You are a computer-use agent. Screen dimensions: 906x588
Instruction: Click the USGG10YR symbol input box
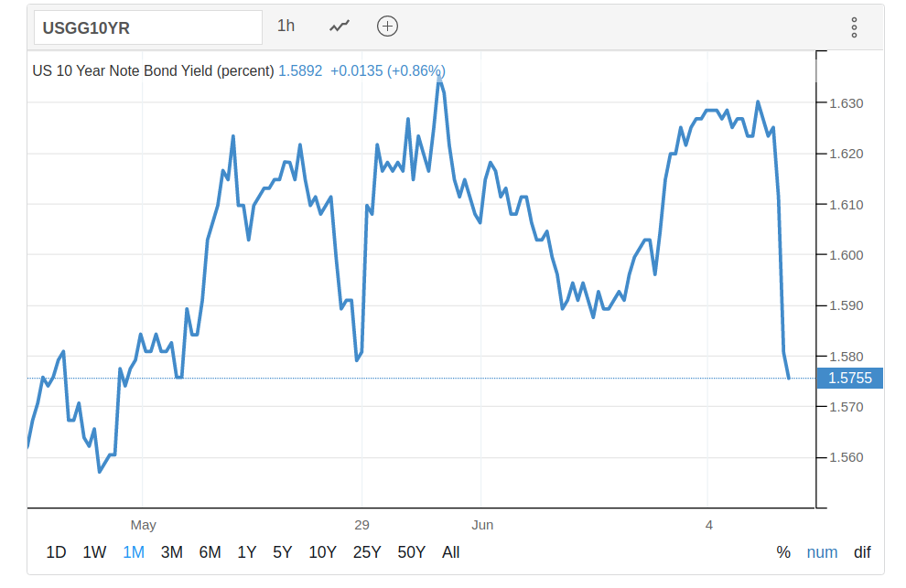pyautogui.click(x=148, y=27)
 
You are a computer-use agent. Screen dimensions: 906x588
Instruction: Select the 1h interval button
pyautogui.click(x=286, y=26)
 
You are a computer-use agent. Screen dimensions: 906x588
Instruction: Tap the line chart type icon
pyautogui.click(x=340, y=27)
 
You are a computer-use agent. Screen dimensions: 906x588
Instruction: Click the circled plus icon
pyautogui.click(x=387, y=27)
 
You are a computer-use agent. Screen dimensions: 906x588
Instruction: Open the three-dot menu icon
pyautogui.click(x=854, y=27)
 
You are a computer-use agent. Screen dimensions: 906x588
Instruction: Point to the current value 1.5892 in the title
pyautogui.click(x=300, y=71)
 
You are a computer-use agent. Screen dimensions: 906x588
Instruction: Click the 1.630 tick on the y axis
pyautogui.click(x=846, y=103)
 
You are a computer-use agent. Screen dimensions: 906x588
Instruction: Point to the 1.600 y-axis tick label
pyautogui.click(x=846, y=255)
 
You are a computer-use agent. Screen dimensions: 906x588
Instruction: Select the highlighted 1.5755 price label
pyautogui.click(x=850, y=379)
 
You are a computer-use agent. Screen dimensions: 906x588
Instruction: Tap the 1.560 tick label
pyautogui.click(x=846, y=457)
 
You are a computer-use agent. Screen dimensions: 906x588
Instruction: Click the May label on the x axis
pyautogui.click(x=144, y=525)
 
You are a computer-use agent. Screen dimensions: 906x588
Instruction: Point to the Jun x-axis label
pyautogui.click(x=482, y=525)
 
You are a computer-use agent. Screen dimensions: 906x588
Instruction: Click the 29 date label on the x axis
pyautogui.click(x=361, y=525)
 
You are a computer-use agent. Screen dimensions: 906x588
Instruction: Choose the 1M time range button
pyautogui.click(x=134, y=552)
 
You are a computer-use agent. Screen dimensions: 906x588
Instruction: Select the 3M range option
pyautogui.click(x=172, y=552)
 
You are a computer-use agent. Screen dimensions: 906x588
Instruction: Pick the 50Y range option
pyautogui.click(x=412, y=552)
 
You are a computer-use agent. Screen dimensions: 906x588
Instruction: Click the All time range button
pyautogui.click(x=450, y=552)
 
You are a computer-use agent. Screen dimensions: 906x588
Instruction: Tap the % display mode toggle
pyautogui.click(x=783, y=552)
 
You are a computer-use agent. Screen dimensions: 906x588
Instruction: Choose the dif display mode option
pyautogui.click(x=862, y=552)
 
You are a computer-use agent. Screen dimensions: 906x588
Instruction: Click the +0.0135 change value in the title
pyautogui.click(x=357, y=71)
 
